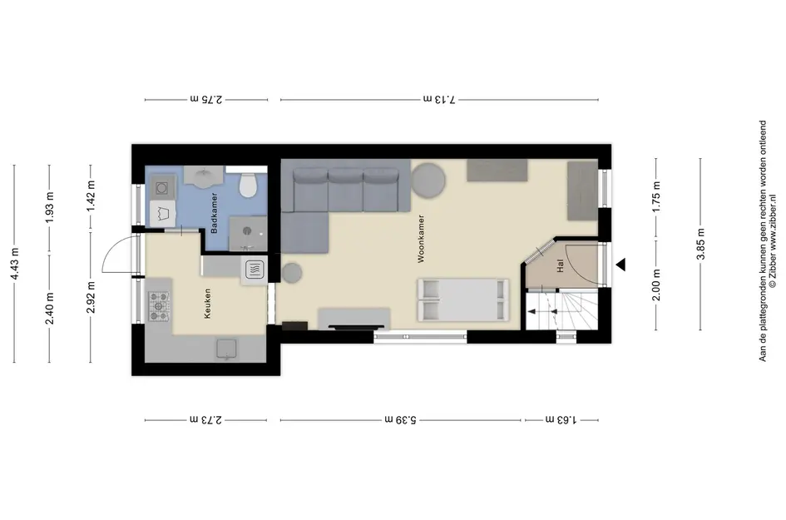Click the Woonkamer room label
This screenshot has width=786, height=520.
tap(421, 239)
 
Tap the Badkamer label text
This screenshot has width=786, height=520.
tap(214, 213)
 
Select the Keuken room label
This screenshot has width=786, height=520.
tap(208, 304)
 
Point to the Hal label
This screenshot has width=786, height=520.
tap(561, 265)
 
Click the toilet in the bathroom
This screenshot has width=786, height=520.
tap(248, 185)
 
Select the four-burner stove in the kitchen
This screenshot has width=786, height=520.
tap(158, 306)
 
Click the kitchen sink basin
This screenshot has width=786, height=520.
tap(226, 349)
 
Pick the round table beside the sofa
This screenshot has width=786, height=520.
tap(428, 180)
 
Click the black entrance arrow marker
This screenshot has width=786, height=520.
tap(621, 265)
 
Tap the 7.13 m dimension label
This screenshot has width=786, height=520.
tap(440, 99)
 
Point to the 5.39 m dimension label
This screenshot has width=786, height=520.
tap(401, 419)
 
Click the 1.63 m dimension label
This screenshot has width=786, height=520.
tap(561, 419)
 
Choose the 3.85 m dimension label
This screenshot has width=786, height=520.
tap(700, 245)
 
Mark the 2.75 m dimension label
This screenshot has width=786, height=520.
tap(206, 99)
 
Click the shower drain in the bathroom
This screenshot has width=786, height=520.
tap(247, 230)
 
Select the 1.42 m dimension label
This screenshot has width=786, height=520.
tap(91, 196)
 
